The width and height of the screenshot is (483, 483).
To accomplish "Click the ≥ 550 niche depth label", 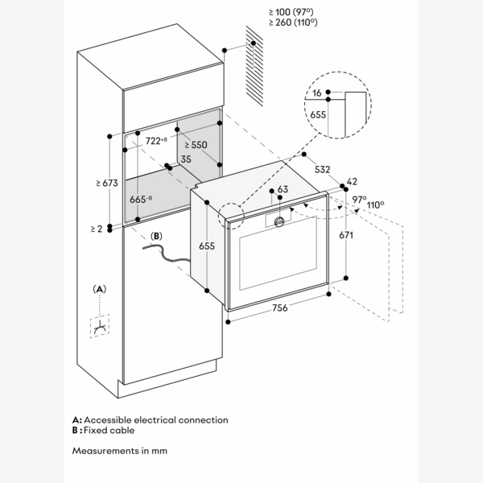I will (196, 145).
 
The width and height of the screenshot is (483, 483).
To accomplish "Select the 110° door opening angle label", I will (374, 205).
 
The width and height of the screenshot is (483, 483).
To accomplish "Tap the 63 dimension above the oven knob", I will (282, 190).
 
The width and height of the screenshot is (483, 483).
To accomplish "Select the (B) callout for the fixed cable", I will (157, 236).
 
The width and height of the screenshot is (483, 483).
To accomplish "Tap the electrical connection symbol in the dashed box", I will (100, 329).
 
